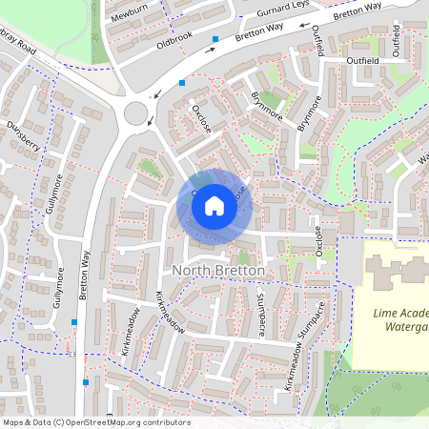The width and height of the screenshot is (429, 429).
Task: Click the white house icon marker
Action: (214, 206)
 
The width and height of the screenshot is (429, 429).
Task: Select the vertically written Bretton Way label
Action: (85, 276)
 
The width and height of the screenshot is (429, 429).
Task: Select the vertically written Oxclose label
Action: (319, 241)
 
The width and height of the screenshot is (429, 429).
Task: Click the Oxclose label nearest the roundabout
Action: (201, 120)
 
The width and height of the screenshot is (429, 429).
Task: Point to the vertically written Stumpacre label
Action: (260, 315)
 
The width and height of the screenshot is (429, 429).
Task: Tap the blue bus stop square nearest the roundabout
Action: (181, 83)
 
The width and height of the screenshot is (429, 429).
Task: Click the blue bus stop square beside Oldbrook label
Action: (216, 39)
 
